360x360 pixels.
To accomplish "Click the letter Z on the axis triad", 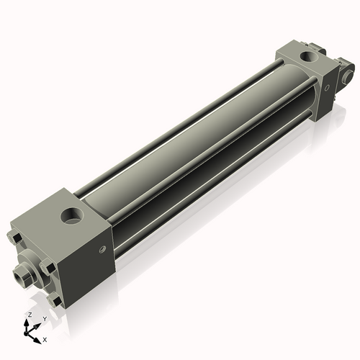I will pyautogui.click(x=29, y=315).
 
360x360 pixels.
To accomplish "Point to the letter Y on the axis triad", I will pyautogui.click(x=45, y=318).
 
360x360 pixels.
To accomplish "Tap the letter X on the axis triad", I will pyautogui.click(x=45, y=338).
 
